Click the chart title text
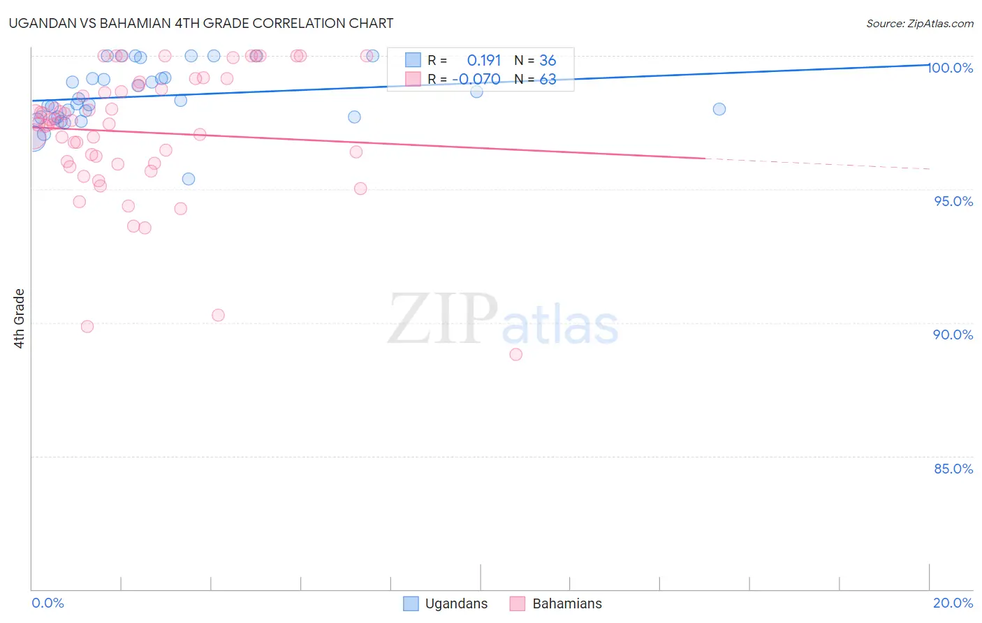click(x=202, y=23)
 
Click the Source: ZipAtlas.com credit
click(x=919, y=24)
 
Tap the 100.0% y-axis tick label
click(x=951, y=68)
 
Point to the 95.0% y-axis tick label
click(x=953, y=201)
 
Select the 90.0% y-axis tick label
click(x=953, y=335)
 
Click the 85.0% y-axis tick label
click(x=953, y=469)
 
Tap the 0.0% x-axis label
click(x=47, y=603)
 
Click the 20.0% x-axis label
click(x=953, y=603)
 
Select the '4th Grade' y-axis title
click(x=20, y=318)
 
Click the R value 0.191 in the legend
click(x=484, y=61)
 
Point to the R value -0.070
click(x=476, y=80)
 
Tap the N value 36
click(x=548, y=61)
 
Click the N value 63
click(x=548, y=80)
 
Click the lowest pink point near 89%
click(x=516, y=354)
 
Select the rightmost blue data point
click(x=719, y=109)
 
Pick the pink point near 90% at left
click(x=87, y=326)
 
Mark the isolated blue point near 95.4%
click(x=189, y=179)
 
